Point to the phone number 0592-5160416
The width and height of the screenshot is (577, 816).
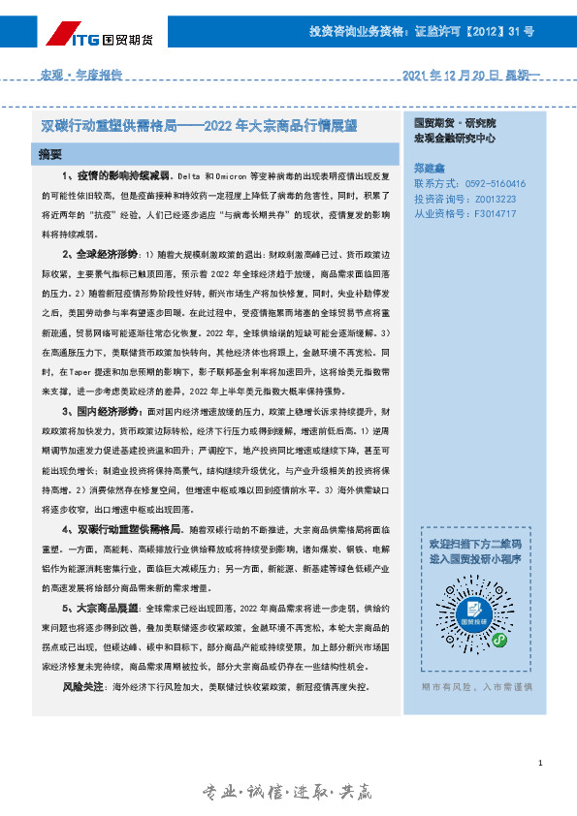click(x=491, y=183)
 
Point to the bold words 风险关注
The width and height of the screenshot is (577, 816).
click(x=83, y=686)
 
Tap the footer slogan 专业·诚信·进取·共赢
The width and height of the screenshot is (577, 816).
click(x=287, y=793)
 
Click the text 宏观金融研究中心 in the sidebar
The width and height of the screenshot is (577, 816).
click(x=454, y=139)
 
